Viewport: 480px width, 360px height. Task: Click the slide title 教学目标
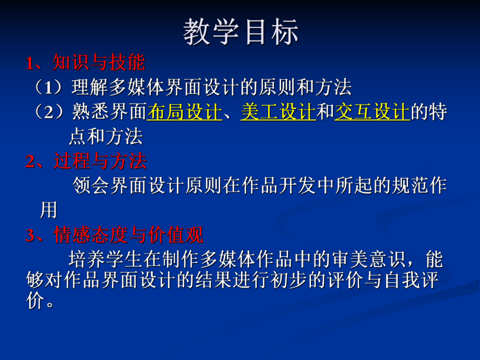[x=241, y=32]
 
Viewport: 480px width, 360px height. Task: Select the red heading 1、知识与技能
[x=86, y=63]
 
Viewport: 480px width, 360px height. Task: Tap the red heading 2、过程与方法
[x=86, y=161]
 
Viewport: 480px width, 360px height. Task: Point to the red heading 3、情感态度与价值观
[x=114, y=235]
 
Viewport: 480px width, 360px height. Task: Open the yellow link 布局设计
[x=185, y=112]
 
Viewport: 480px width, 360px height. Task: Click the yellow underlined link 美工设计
[x=278, y=112]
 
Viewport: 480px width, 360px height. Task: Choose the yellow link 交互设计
[x=372, y=112]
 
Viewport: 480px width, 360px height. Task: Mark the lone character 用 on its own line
[x=49, y=210]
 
